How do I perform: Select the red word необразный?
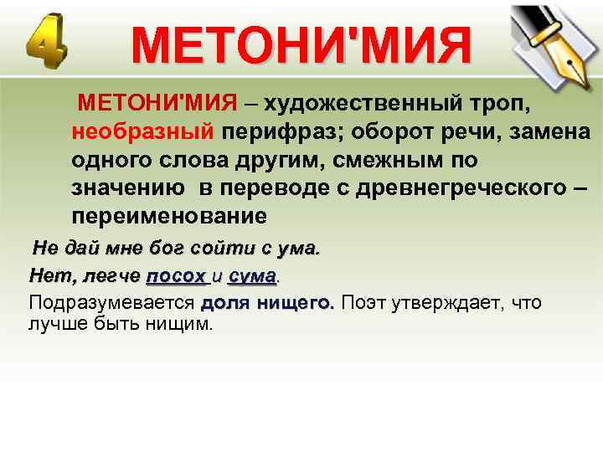pyautogui.click(x=142, y=132)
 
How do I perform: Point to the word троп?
pyautogui.click(x=499, y=104)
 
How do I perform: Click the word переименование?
pyautogui.click(x=169, y=215)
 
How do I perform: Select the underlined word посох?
pyautogui.click(x=175, y=275)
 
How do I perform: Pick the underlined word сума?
pyautogui.click(x=251, y=275)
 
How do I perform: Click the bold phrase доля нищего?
pyautogui.click(x=267, y=302)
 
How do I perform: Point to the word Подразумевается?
pyautogui.click(x=111, y=302)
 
